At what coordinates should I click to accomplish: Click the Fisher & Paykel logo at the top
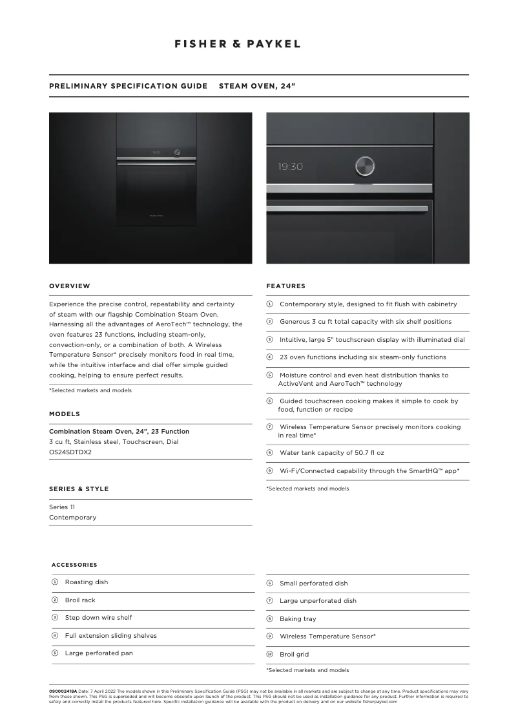tap(238, 44)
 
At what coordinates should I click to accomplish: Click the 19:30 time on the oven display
tap(290, 167)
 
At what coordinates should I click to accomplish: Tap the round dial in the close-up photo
tap(364, 166)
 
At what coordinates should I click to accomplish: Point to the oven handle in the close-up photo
tap(347, 209)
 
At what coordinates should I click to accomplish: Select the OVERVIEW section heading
tap(70, 286)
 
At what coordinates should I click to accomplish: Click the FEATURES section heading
tap(285, 286)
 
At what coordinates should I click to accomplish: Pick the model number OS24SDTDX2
tap(70, 452)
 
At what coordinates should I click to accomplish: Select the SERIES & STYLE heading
tap(79, 489)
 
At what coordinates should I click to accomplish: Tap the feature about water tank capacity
tap(331, 453)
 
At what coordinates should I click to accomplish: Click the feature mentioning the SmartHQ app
tap(369, 471)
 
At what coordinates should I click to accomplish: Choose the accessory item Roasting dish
tap(86, 582)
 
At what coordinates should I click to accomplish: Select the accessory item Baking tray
tap(298, 618)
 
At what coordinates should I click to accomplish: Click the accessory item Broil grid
tap(294, 655)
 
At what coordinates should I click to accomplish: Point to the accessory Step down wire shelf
tap(98, 618)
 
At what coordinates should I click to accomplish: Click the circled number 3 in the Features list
tap(270, 340)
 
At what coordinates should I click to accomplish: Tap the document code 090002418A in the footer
tap(63, 691)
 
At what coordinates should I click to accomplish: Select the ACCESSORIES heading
tap(74, 565)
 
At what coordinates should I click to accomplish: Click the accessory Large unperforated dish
tap(318, 601)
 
